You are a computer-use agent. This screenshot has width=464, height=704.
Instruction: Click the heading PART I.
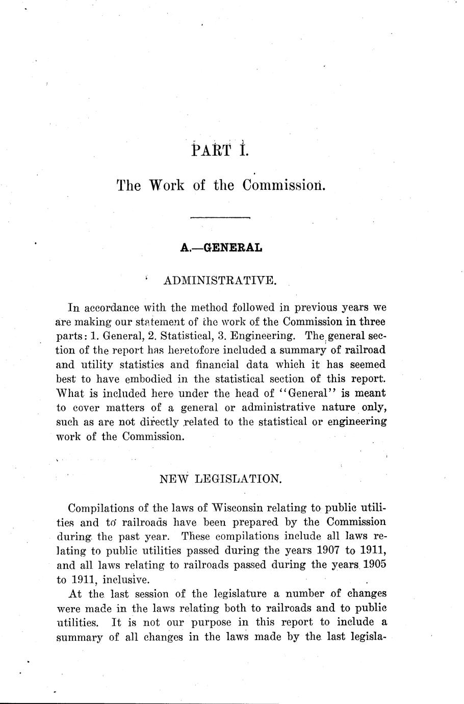(220, 151)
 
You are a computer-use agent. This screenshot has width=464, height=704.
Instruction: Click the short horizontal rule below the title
(220, 218)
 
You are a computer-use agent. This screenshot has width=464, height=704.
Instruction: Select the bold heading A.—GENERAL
(221, 248)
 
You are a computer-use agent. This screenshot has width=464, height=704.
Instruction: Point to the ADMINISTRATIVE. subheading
(220, 280)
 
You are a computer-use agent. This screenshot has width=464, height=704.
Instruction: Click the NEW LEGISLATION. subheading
(220, 479)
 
